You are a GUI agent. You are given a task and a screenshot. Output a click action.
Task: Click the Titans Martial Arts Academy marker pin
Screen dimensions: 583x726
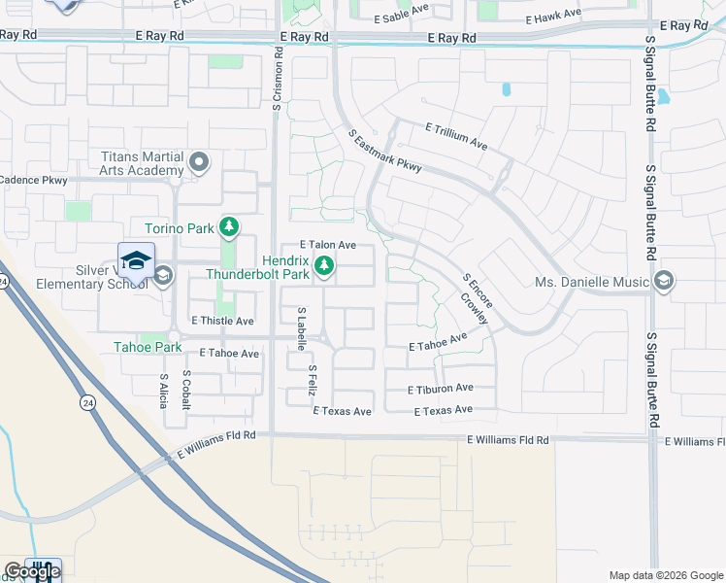(200, 161)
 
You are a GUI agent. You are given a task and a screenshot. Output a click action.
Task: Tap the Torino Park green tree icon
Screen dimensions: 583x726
(229, 228)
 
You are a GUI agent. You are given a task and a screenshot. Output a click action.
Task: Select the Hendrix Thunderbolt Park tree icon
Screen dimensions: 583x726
(324, 265)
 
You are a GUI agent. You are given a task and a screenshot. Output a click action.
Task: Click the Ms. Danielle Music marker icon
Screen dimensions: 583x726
(664, 282)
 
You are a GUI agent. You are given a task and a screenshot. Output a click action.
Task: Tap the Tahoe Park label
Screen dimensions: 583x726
(148, 347)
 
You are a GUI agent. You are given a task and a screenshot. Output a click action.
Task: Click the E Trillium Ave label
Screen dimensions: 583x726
(456, 135)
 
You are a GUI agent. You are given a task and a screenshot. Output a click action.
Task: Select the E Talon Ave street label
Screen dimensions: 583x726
(327, 245)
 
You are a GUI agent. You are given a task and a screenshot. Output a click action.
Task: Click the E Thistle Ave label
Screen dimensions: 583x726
(222, 321)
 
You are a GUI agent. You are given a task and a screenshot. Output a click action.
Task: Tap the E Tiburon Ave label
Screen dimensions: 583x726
(441, 389)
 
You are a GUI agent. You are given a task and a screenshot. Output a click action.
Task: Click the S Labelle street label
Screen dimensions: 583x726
(302, 327)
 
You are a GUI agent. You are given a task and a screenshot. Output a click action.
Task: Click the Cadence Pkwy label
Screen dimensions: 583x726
(33, 180)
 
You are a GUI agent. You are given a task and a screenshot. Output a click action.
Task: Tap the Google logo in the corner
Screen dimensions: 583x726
(32, 571)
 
